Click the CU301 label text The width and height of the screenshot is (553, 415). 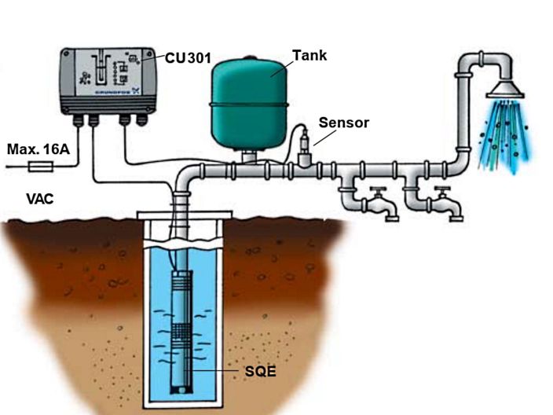[188, 58]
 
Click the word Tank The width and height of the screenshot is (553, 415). [309, 56]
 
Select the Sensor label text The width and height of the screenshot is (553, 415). [342, 123]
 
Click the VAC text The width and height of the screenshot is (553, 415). [40, 199]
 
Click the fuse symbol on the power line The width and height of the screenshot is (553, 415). [40, 166]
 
